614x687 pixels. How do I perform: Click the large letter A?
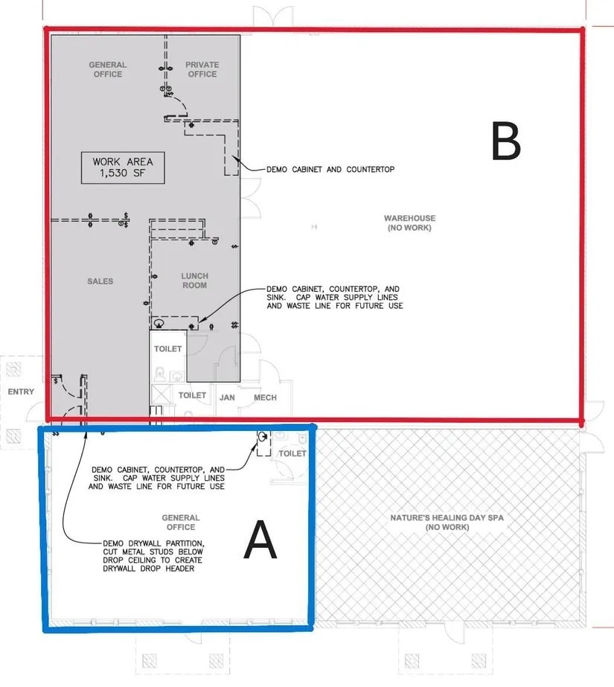pos(260,540)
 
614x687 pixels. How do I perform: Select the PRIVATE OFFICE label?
pos(202,69)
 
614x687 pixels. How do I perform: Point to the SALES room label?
pos(100,281)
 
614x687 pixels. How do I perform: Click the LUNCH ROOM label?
pos(194,281)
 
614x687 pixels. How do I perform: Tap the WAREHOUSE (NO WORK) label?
pos(409,223)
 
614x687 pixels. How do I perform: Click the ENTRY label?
pos(21,392)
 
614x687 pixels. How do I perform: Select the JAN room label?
pos(227,397)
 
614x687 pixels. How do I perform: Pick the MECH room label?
pos(265,397)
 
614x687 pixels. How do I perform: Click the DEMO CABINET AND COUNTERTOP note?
pos(330,170)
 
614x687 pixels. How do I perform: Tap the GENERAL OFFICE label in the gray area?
pos(107,69)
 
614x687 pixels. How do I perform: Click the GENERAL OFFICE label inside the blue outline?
pos(180,522)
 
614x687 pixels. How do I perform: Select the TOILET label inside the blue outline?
pos(293,453)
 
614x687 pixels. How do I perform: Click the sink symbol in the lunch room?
pos(158,323)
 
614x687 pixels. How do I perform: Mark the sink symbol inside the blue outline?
pos(262,436)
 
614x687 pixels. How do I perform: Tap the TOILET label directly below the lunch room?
pos(167,349)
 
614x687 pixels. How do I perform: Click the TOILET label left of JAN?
pos(192,395)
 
